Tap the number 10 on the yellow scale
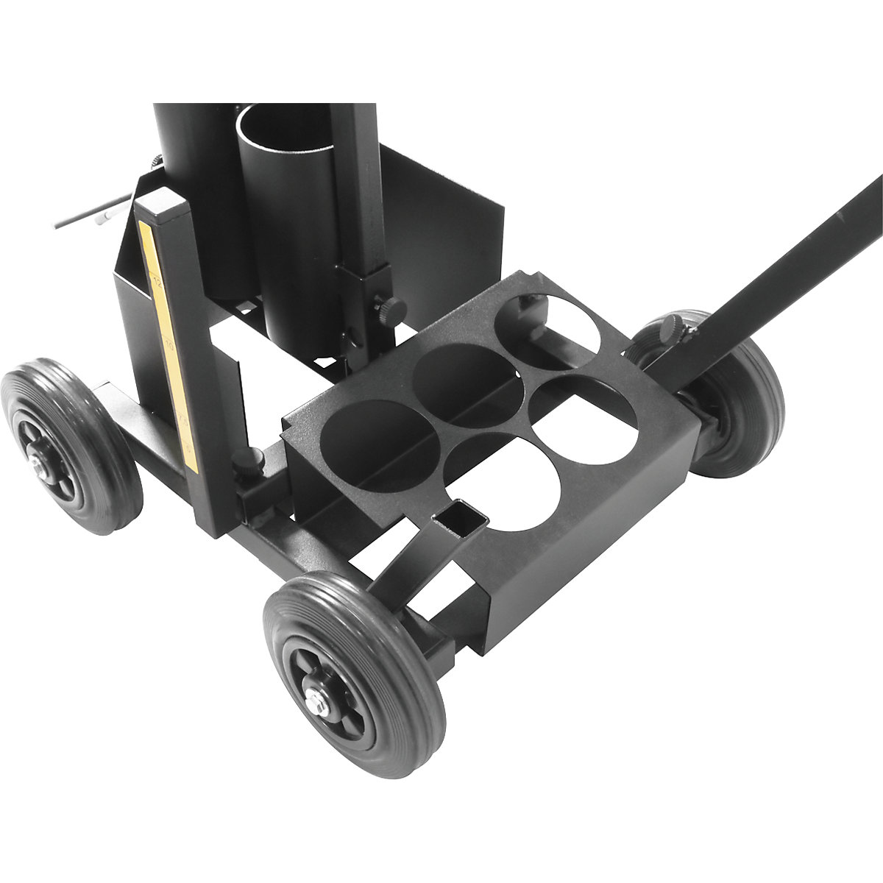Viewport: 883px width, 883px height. (170, 344)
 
